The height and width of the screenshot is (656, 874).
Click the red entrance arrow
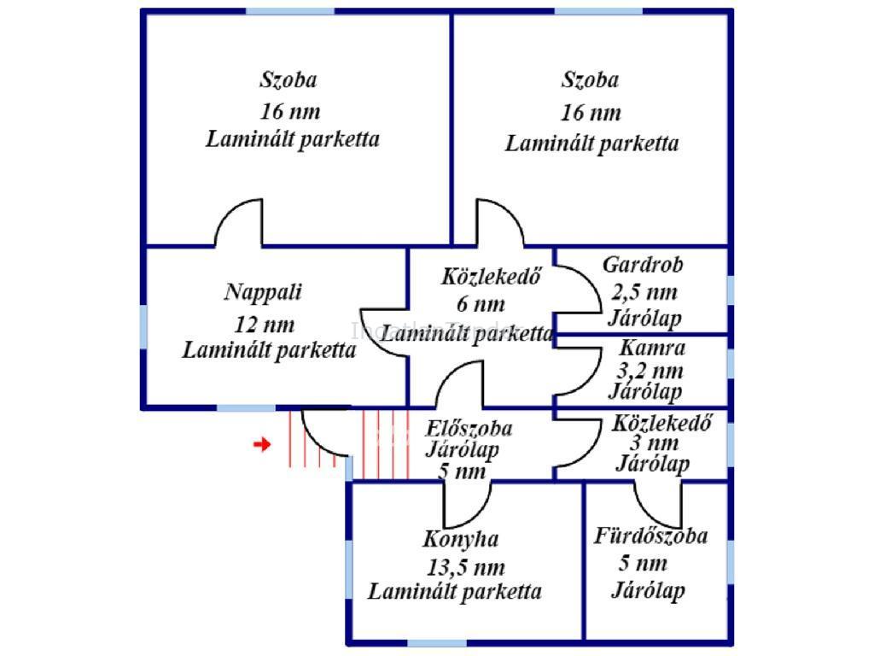pos(263,444)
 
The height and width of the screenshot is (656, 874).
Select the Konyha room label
pos(461,540)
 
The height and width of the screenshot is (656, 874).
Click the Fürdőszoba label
pos(650,536)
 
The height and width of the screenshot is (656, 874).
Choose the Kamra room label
pos(652,348)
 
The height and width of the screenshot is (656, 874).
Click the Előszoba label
pos(472,428)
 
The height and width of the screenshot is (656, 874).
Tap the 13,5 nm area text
pos(464,567)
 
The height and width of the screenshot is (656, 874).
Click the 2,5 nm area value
pos(644,293)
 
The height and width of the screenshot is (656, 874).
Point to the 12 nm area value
pos(264,325)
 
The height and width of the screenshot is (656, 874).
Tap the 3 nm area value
pos(655,443)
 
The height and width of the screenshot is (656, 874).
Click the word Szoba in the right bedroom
pos(590,80)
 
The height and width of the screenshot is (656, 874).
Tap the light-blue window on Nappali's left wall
pos(143,325)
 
